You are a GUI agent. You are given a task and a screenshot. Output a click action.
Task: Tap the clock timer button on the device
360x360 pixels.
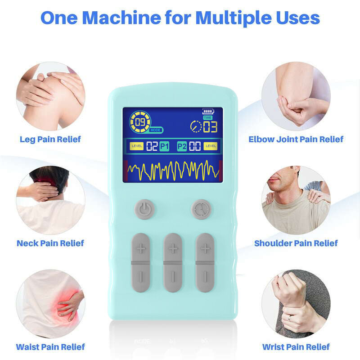point(201,209)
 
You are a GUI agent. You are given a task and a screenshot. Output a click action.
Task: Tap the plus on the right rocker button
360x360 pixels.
point(205,248)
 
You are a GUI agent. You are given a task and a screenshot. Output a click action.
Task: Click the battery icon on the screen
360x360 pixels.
point(208,111)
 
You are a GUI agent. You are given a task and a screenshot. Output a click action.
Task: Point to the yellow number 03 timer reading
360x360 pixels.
point(210,126)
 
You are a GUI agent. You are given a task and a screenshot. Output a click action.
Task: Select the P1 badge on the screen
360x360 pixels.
point(164,146)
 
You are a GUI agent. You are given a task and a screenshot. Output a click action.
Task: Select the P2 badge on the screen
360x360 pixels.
point(182,146)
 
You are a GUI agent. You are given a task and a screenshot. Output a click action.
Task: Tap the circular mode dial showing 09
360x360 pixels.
point(140,121)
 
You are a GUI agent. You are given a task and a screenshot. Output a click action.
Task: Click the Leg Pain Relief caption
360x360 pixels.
point(50,139)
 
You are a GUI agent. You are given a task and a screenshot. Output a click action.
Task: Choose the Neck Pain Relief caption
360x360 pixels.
point(50,243)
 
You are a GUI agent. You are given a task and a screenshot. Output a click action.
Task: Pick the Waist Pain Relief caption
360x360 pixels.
point(50,347)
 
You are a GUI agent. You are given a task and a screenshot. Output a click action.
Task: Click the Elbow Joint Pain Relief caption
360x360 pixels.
point(296,139)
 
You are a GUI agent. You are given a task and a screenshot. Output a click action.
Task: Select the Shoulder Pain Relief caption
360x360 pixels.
point(296,243)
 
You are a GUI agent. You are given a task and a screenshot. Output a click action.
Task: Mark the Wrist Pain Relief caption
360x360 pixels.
point(296,347)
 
